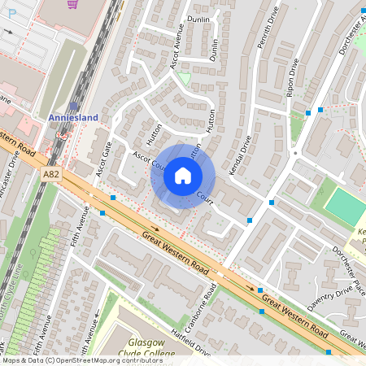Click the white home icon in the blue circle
click(x=183, y=176)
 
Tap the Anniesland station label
click(x=73, y=118)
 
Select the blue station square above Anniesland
click(x=74, y=106)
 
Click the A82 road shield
click(x=52, y=173)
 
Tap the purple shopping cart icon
click(x=73, y=4)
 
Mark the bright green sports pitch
click(x=346, y=207)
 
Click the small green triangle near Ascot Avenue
click(x=185, y=78)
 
